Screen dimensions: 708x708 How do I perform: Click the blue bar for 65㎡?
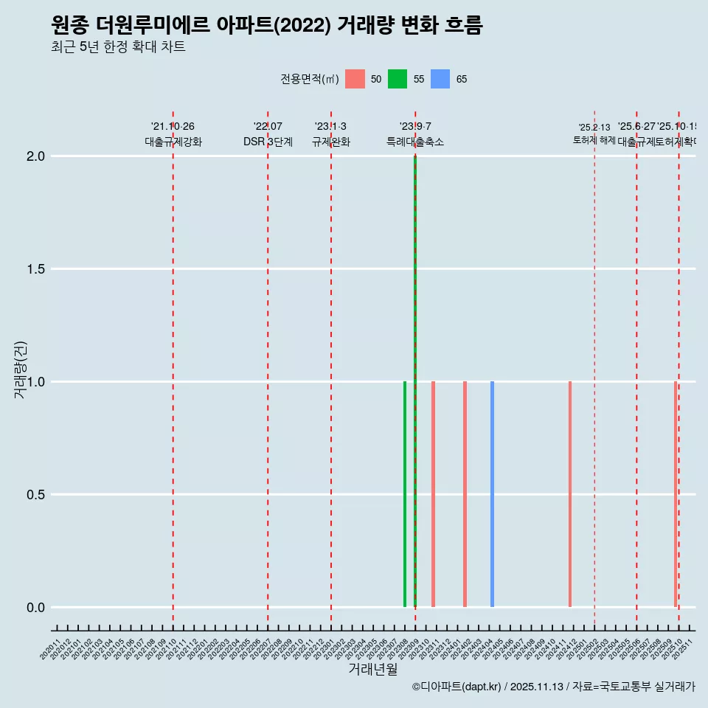pyautogui.click(x=492, y=494)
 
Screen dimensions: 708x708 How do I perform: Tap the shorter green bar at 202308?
pyautogui.click(x=405, y=494)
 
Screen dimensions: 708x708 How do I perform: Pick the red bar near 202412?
pyautogui.click(x=570, y=494)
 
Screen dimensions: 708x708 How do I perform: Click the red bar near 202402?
pyautogui.click(x=465, y=494)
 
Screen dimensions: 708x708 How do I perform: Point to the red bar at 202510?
pyautogui.click(x=675, y=494)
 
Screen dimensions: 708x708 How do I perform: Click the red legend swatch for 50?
pyautogui.click(x=355, y=79)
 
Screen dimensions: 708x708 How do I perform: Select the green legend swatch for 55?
pyautogui.click(x=398, y=79)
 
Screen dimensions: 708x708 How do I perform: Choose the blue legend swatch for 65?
pyautogui.click(x=440, y=79)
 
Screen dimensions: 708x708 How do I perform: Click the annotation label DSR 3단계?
pyautogui.click(x=268, y=142)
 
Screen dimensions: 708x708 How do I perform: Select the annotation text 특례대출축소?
pyautogui.click(x=415, y=142)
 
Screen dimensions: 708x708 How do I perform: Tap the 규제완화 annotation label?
pyautogui.click(x=330, y=142)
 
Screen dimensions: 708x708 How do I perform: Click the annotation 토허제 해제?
pyautogui.click(x=594, y=140)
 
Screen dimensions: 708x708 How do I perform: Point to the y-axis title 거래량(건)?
pyautogui.click(x=21, y=369)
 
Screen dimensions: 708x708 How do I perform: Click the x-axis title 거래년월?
pyautogui.click(x=372, y=670)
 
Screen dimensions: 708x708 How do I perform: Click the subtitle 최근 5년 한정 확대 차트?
pyautogui.click(x=118, y=46)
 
